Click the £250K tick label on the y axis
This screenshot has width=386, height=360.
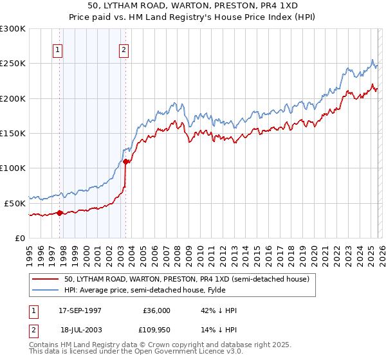13,64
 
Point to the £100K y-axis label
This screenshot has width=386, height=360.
13,168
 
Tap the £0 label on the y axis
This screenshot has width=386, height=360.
21,238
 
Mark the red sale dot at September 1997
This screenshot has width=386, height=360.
60,213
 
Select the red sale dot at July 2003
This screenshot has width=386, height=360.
126,161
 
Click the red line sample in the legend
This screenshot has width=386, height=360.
46,279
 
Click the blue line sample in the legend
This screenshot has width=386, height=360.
46,290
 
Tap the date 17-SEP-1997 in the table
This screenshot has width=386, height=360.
80,310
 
